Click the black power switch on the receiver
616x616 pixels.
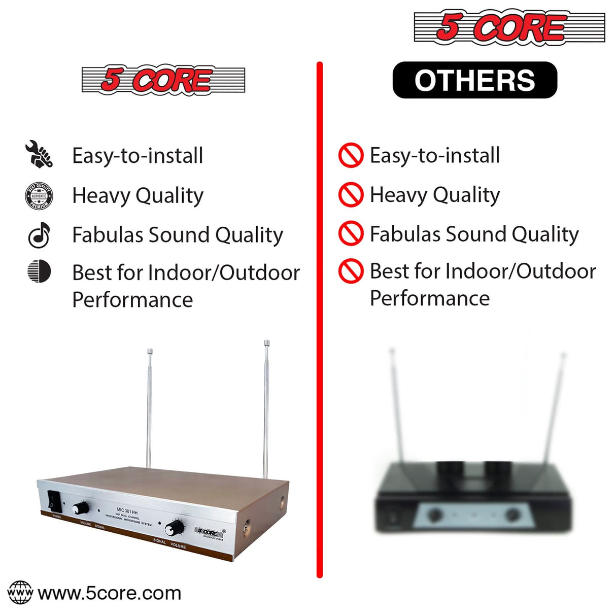pos(54,501)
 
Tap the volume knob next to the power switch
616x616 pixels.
pos(80,508)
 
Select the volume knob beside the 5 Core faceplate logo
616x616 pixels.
pos(175,528)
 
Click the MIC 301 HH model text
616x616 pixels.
pos(127,512)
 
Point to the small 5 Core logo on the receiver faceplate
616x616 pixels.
pos(209,533)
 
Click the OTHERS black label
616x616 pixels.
pos(474,80)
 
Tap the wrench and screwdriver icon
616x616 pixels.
pos(39,154)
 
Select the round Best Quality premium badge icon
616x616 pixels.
pos(39,196)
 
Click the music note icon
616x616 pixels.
pos(39,235)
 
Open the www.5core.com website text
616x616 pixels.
pos(110,593)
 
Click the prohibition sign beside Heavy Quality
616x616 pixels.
pos(351,195)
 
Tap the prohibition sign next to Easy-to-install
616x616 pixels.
pos(351,155)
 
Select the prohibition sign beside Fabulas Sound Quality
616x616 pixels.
pos(351,233)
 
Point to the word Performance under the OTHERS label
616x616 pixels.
pos(429,298)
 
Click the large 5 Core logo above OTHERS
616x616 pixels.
pos(509,27)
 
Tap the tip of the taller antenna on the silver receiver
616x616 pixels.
pos(267,344)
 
